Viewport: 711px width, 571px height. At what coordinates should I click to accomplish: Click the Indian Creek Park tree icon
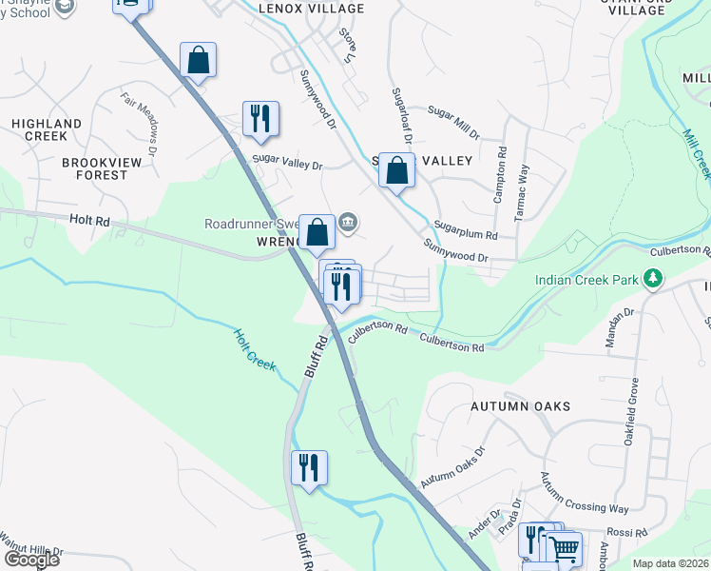pyautogui.click(x=652, y=279)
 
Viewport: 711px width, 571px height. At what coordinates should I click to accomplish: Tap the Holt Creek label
pyautogui.click(x=254, y=350)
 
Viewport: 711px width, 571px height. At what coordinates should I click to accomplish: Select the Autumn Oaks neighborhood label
pyautogui.click(x=521, y=406)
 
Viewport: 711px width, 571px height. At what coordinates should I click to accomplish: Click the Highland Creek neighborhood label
pyautogui.click(x=47, y=130)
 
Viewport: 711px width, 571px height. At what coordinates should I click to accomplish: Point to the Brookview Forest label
pyautogui.click(x=94, y=168)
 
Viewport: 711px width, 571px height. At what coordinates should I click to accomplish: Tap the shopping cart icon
pyautogui.click(x=564, y=548)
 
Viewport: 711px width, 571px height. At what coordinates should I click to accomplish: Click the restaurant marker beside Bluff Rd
pyautogui.click(x=309, y=468)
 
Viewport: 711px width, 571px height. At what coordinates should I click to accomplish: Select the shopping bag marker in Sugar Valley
pyautogui.click(x=397, y=170)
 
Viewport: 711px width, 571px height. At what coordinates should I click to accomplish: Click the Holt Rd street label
pyautogui.click(x=90, y=221)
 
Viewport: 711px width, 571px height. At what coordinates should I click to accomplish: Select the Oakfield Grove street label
pyautogui.click(x=634, y=405)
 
